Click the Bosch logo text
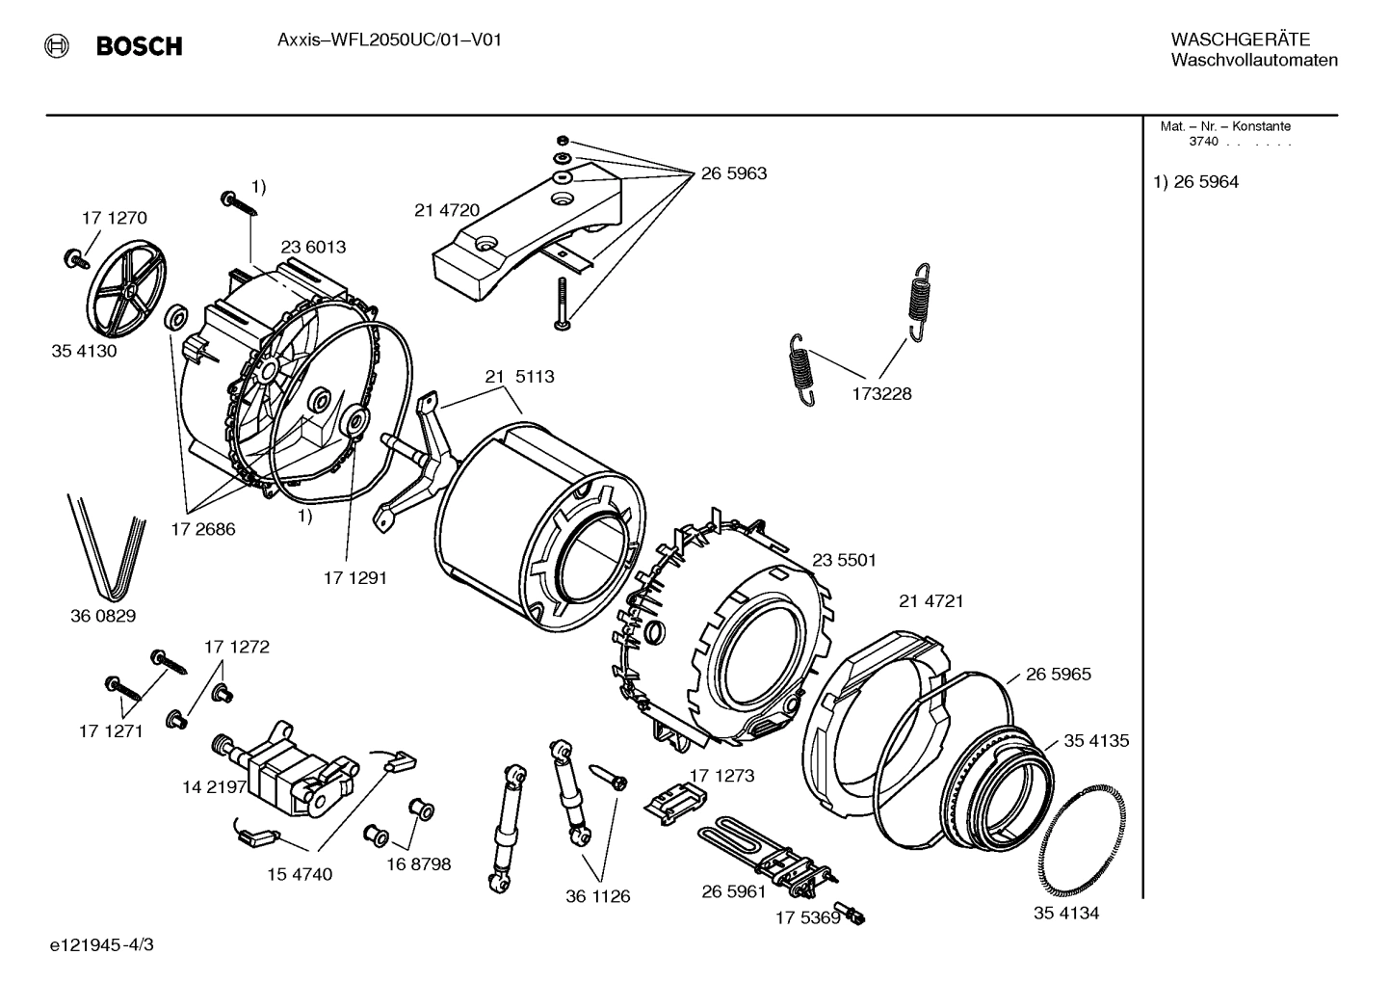139,46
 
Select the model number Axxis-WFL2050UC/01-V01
389,40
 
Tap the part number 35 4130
84,351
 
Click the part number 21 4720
447,210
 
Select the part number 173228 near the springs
880,393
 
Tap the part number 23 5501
844,560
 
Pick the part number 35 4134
1066,913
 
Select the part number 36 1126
597,896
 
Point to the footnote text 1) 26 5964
1196,182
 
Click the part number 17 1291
354,577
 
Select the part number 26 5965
1058,674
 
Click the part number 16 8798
418,864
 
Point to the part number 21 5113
519,376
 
